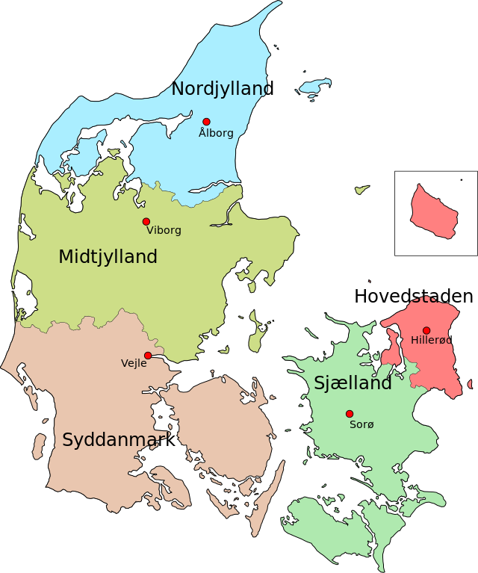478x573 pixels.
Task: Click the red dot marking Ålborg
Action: (206, 122)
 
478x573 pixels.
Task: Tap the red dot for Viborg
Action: (146, 222)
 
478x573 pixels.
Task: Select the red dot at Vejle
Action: (148, 356)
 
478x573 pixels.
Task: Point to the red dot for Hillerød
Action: (426, 330)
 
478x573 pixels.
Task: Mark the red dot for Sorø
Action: (349, 414)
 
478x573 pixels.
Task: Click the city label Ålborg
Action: (216, 134)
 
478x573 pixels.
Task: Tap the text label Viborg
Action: (164, 231)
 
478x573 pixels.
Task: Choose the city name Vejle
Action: (134, 364)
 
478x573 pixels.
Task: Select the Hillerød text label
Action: (431, 341)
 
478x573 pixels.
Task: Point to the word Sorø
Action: (361, 424)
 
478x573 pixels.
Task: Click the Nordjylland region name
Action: (220, 89)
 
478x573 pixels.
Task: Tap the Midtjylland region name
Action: (108, 257)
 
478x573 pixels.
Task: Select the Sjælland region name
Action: (353, 383)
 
